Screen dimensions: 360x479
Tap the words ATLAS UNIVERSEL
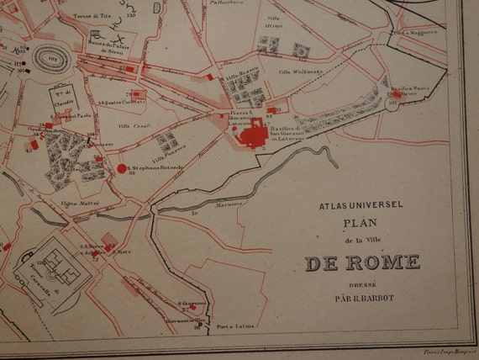[x=362, y=204]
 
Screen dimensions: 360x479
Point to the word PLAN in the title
[x=361, y=224]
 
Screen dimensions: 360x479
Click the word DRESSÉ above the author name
[x=361, y=285]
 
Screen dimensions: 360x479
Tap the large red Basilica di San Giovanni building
[x=252, y=133]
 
